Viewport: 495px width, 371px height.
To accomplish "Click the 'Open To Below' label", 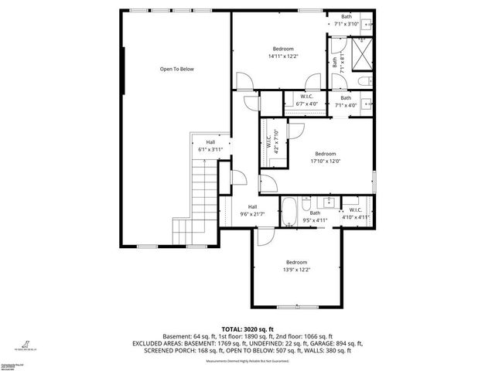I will pyautogui.click(x=176, y=70).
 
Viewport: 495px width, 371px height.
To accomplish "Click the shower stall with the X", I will pyautogui.click(x=361, y=53).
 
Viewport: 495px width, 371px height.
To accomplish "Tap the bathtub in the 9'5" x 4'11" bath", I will pyautogui.click(x=288, y=212).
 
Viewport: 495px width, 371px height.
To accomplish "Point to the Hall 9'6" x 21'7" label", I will pyautogui.click(x=252, y=213).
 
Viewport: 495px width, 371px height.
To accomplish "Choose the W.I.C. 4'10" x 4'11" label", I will pyautogui.click(x=356, y=217).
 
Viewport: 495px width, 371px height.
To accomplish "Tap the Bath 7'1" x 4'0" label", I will pyautogui.click(x=346, y=104).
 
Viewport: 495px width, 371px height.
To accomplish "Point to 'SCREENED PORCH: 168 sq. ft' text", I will pyautogui.click(x=186, y=350).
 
